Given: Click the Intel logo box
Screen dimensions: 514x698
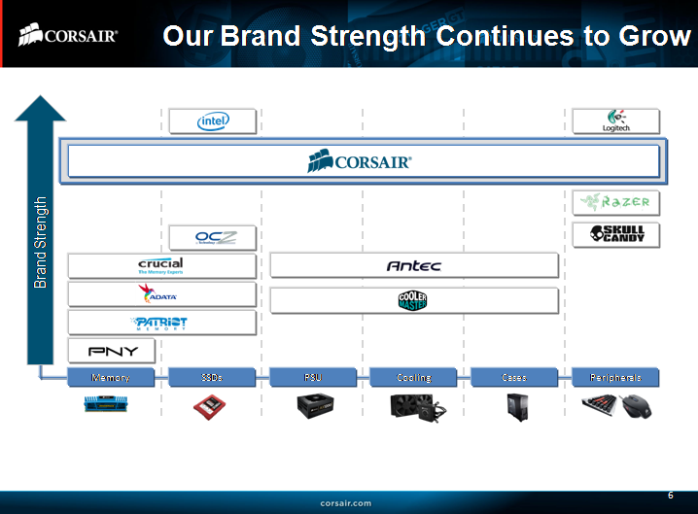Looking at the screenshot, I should pyautogui.click(x=213, y=121).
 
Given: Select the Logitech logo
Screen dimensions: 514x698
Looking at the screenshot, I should pyautogui.click(x=616, y=121).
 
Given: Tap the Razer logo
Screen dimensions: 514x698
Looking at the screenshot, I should pyautogui.click(x=616, y=202).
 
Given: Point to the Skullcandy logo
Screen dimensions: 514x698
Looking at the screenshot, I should pyautogui.click(x=616, y=234).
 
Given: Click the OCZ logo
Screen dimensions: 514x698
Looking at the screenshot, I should pyautogui.click(x=212, y=237).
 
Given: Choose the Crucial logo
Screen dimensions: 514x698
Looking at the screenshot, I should pyautogui.click(x=161, y=266).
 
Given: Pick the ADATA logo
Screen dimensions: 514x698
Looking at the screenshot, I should pyautogui.click(x=161, y=294).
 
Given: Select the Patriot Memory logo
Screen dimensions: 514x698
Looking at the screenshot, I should pyautogui.click(x=161, y=323).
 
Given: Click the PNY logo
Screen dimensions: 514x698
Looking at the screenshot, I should pyautogui.click(x=113, y=351).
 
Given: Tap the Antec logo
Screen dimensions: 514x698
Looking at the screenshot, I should pyautogui.click(x=414, y=265).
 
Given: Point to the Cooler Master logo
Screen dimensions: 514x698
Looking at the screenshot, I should pyautogui.click(x=414, y=300).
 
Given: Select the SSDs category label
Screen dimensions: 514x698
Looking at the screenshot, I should pyautogui.click(x=212, y=377).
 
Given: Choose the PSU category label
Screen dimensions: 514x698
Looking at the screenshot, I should pyautogui.click(x=313, y=377).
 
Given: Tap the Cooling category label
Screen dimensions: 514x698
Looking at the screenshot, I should pyautogui.click(x=414, y=377).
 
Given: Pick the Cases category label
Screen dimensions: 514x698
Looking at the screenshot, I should pyautogui.click(x=514, y=377).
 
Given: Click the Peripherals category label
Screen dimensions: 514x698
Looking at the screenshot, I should pyautogui.click(x=616, y=377).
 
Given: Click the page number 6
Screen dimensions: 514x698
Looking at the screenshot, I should pyautogui.click(x=670, y=496).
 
